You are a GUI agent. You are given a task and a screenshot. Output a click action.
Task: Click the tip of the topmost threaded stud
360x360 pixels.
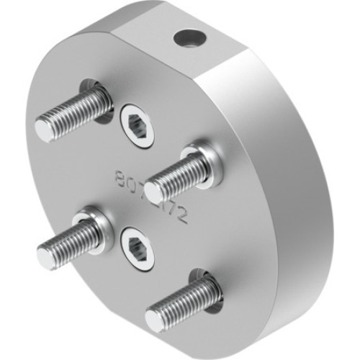coord(45,130)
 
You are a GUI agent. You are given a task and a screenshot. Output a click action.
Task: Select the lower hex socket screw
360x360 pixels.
coord(137,250)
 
